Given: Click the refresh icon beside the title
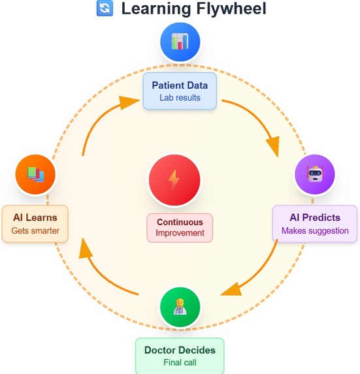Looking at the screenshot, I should (x=104, y=8).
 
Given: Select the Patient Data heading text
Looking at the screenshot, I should (x=180, y=86).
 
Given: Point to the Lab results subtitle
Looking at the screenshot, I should (x=180, y=98).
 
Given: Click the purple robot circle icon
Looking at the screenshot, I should (x=314, y=175).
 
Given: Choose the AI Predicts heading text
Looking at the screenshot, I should (x=315, y=217).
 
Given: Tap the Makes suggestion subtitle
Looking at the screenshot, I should (x=315, y=230).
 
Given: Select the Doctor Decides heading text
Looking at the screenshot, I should (x=180, y=350).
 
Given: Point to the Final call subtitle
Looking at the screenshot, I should (x=180, y=362).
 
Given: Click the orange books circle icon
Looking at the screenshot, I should (x=35, y=174).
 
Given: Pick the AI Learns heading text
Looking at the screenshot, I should (x=35, y=217).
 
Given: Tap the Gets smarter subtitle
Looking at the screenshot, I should (x=35, y=230).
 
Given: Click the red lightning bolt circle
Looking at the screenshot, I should (x=174, y=179).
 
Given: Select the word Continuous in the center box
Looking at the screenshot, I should (x=180, y=222).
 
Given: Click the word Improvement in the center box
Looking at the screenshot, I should (x=180, y=233).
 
